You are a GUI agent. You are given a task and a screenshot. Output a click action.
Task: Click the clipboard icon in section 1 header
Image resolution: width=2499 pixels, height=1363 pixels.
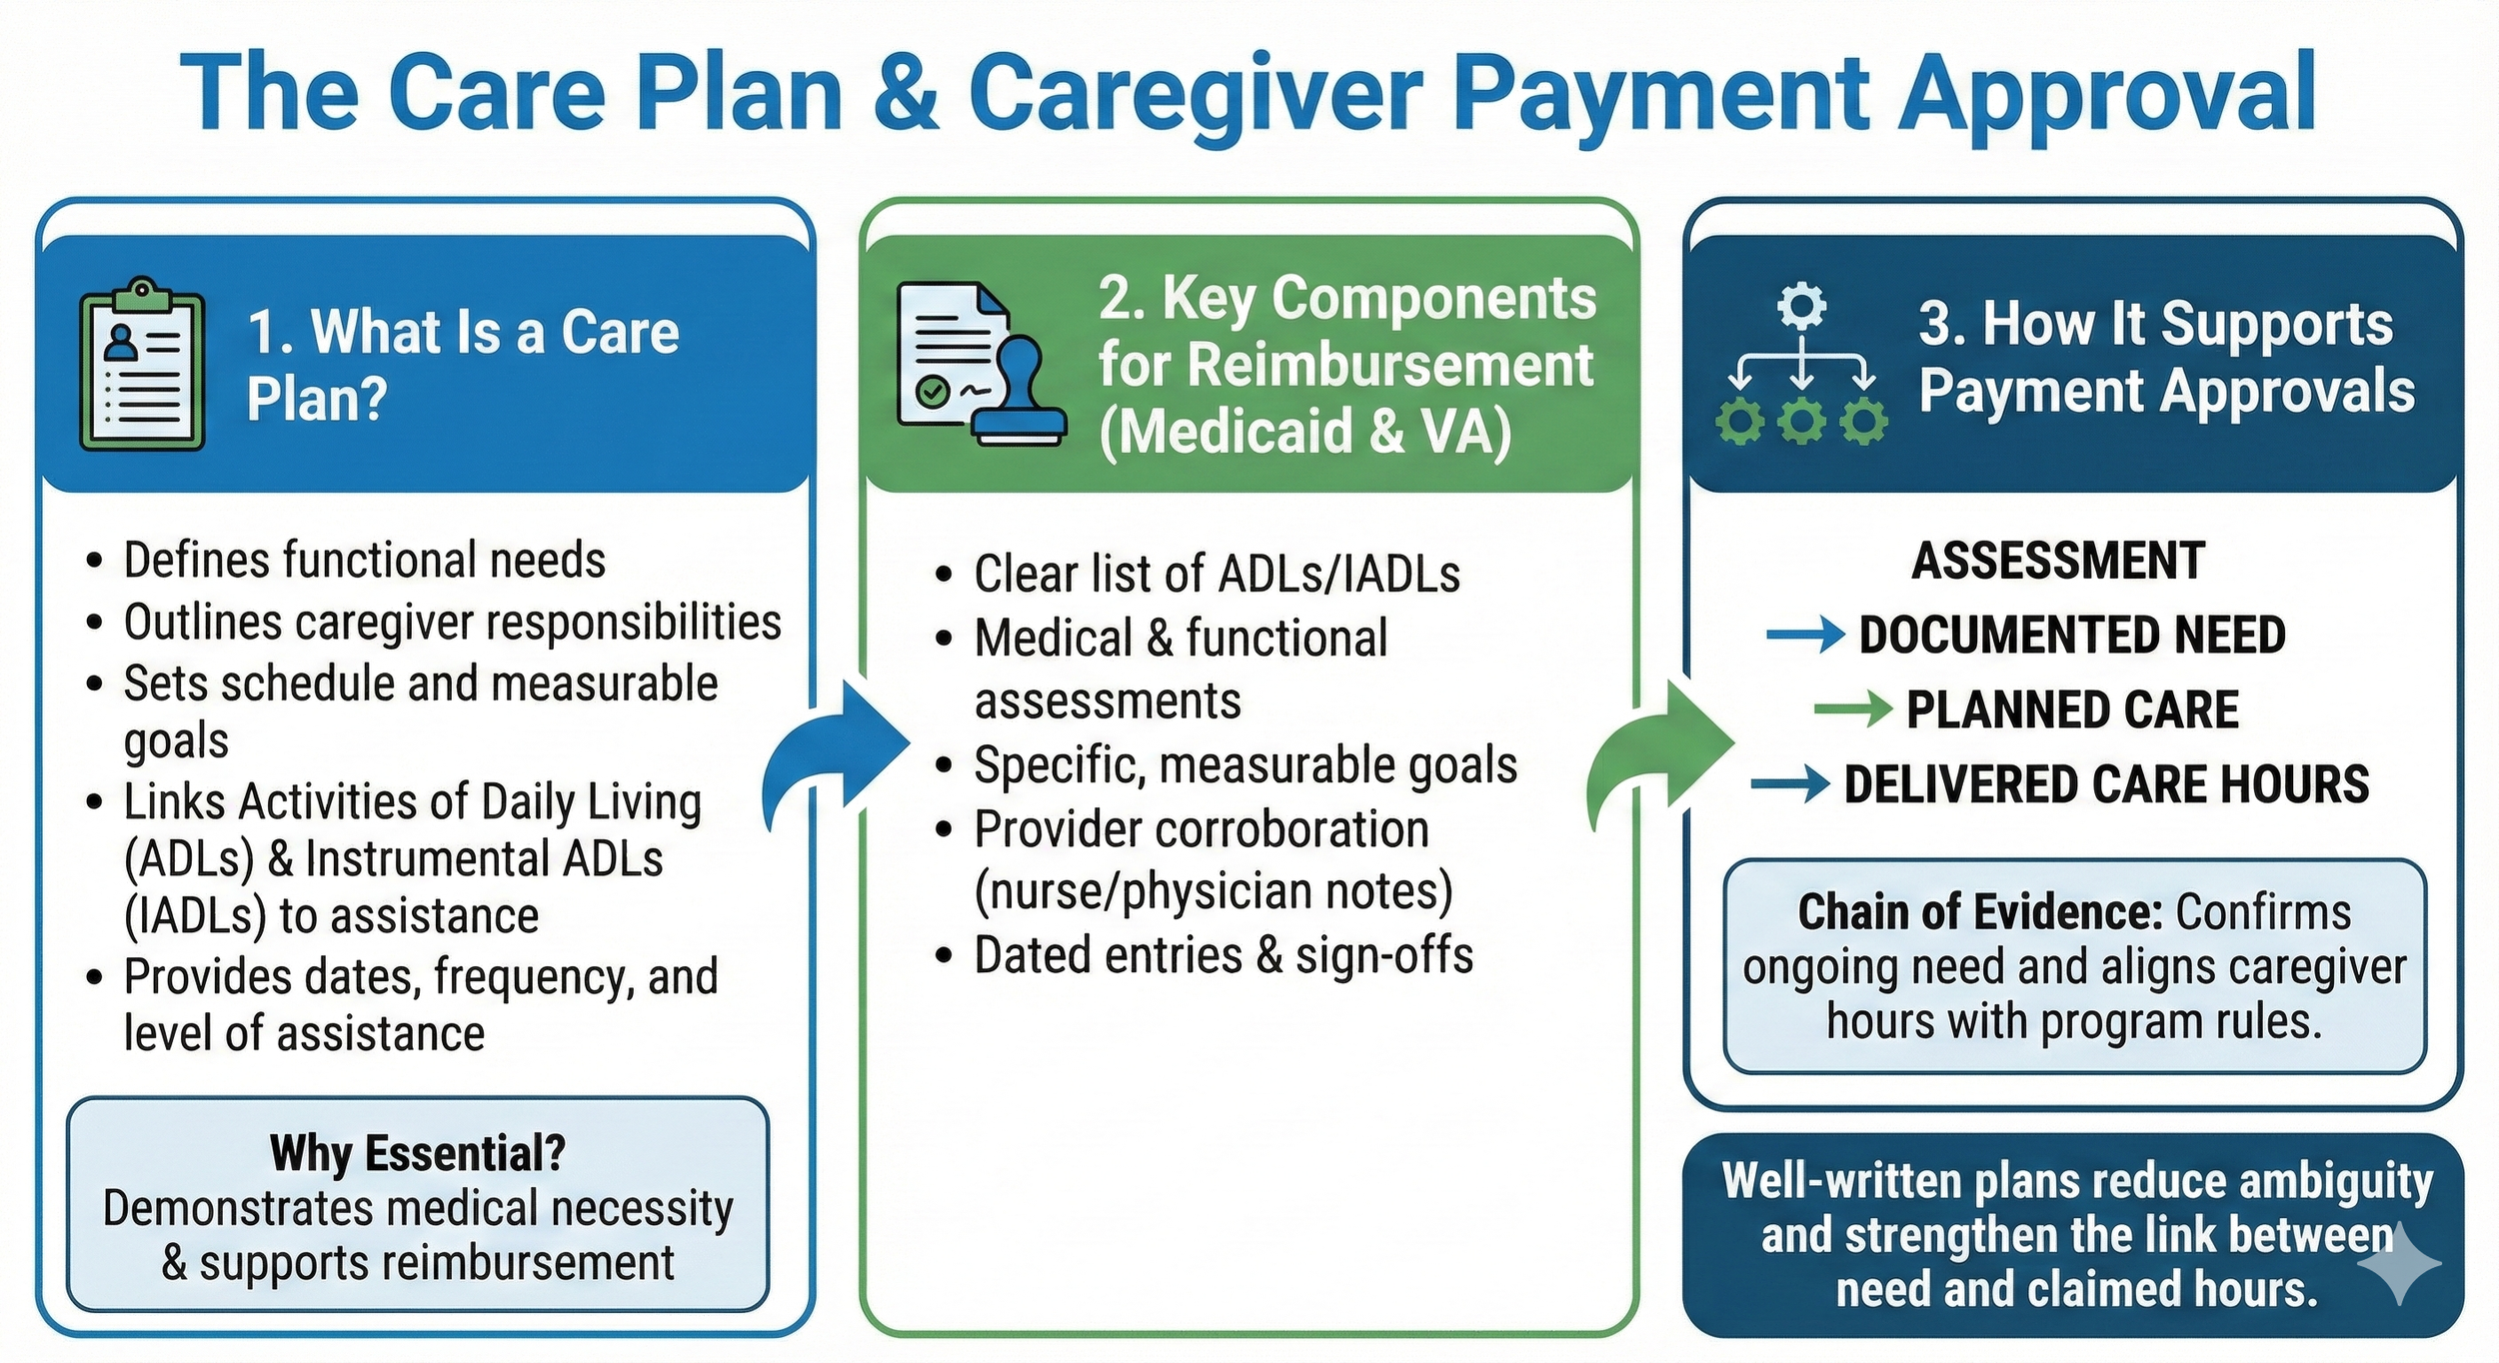coord(142,364)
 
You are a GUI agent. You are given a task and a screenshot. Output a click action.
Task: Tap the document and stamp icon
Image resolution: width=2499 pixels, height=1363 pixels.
coord(981,364)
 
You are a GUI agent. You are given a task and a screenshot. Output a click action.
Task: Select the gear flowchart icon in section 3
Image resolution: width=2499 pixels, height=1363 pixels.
coord(1801,364)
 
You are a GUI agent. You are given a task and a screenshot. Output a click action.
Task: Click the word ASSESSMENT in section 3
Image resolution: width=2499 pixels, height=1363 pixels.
coord(2057,561)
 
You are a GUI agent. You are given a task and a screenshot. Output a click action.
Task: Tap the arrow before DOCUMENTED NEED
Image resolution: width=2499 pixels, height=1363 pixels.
coord(1804,634)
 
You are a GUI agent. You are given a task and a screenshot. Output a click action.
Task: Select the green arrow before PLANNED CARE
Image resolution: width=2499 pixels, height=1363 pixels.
coord(1852,709)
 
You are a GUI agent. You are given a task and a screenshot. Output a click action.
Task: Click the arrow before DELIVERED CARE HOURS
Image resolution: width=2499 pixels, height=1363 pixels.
coord(1789,784)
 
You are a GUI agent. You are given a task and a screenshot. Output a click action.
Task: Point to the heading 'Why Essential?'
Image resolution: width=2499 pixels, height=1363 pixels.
coord(418,1153)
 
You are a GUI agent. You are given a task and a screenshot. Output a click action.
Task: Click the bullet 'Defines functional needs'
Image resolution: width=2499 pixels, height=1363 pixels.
coord(364,561)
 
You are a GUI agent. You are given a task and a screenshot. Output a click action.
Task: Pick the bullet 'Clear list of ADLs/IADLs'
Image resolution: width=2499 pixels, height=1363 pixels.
coord(1217,575)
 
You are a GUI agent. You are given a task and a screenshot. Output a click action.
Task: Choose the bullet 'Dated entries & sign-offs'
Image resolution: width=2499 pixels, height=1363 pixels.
coord(1223,955)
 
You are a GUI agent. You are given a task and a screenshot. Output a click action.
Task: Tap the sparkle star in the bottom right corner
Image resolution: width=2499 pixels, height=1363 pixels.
coord(2399,1263)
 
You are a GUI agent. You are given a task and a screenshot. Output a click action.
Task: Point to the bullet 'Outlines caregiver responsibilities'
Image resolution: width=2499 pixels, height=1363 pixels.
coord(452,623)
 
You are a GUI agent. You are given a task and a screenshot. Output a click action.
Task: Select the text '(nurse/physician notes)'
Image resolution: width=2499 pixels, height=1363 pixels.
coord(1213,891)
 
